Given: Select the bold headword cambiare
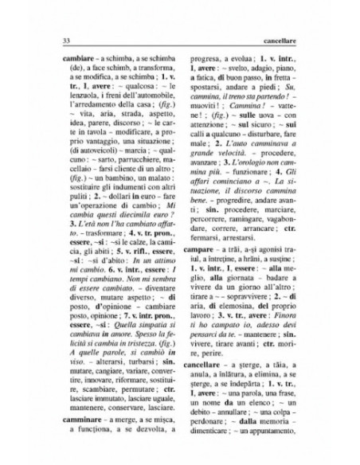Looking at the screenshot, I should (x=71, y=59).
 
